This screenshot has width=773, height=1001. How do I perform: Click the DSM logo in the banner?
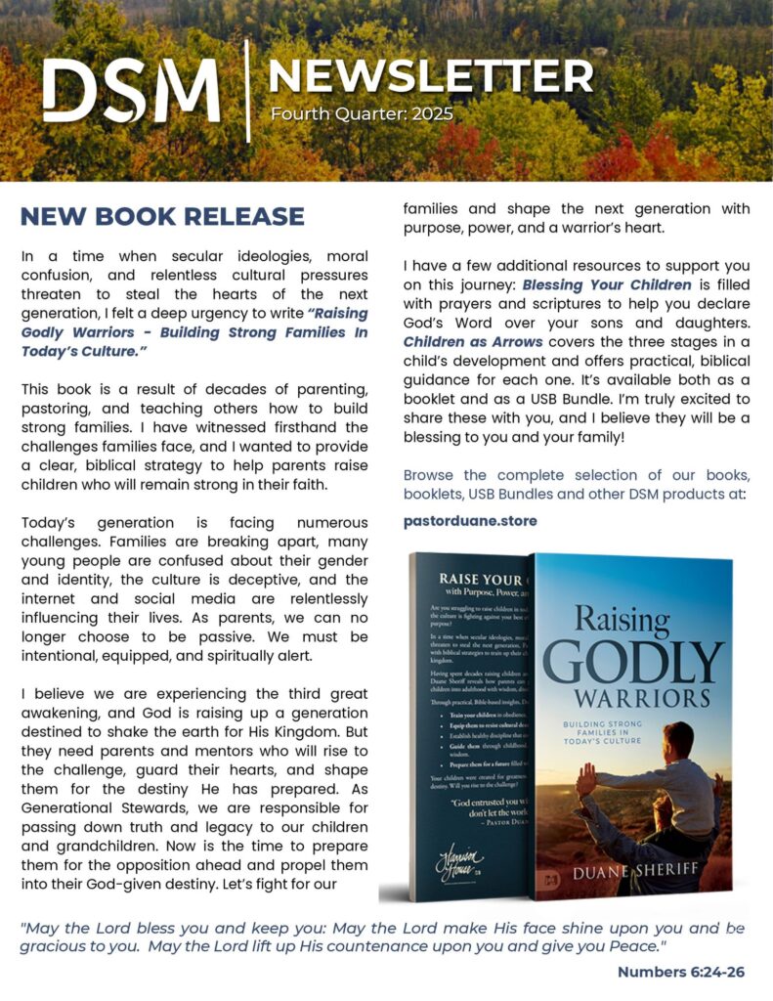[131, 90]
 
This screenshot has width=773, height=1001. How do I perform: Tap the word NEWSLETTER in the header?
[430, 76]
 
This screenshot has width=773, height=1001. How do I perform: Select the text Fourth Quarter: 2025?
[362, 114]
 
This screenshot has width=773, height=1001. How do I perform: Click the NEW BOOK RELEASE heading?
[162, 216]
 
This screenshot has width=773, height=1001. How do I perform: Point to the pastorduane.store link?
[470, 521]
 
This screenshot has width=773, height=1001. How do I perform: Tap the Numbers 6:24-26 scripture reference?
[680, 972]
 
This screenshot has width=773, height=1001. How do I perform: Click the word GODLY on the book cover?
[633, 662]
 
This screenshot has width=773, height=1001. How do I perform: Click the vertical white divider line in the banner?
[248, 91]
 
